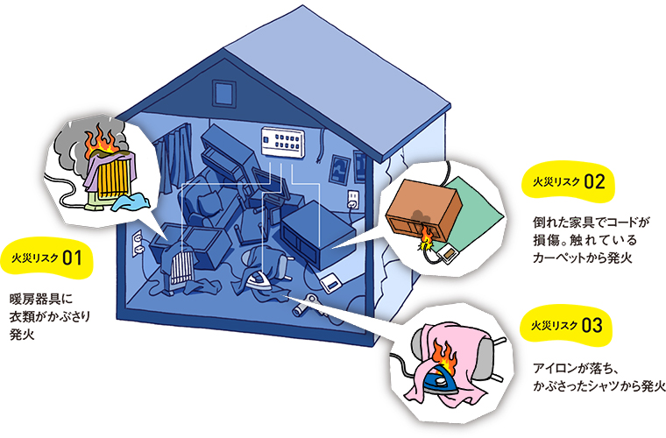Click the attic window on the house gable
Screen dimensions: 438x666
(223, 90)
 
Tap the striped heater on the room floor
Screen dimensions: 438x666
(184, 266)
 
